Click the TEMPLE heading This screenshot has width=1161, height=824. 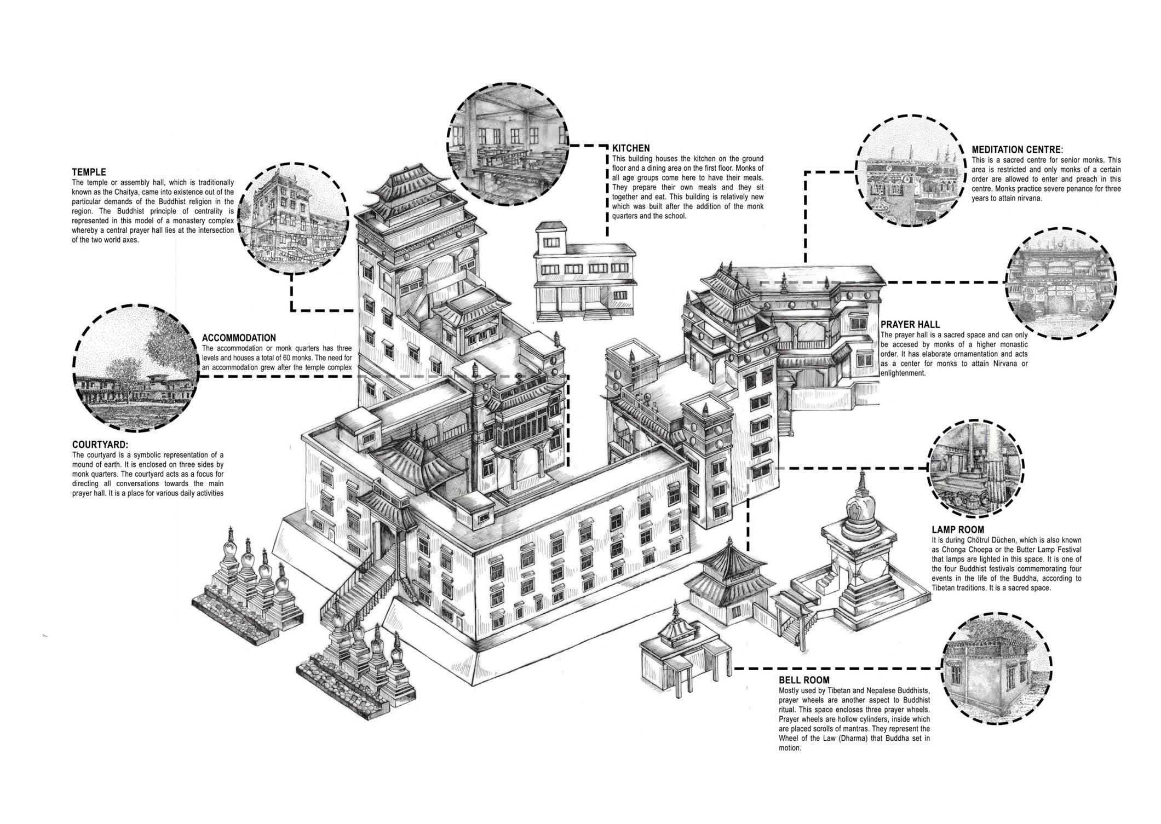pos(89,172)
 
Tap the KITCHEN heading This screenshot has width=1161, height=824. pos(631,148)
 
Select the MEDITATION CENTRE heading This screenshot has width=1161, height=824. pos(1017,149)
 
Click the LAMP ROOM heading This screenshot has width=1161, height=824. pos(958,529)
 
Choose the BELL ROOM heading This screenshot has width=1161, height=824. pos(804,681)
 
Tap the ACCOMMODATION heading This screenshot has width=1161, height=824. pos(239,338)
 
